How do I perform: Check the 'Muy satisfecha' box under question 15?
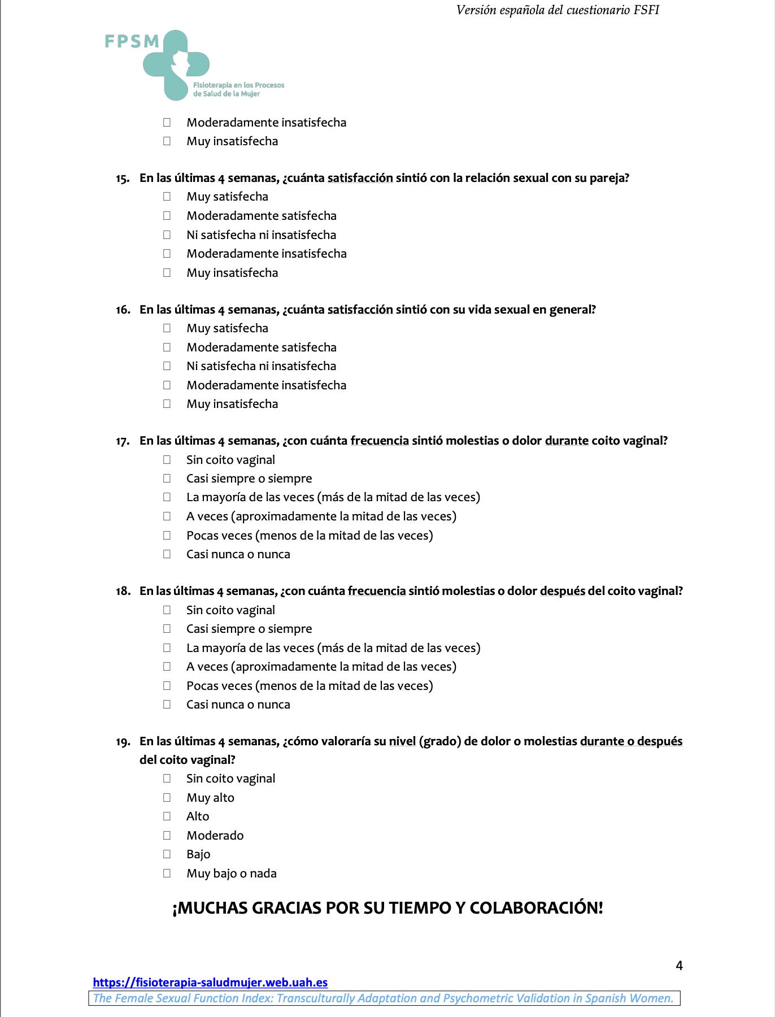[167, 197]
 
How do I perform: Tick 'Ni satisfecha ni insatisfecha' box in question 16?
[167, 366]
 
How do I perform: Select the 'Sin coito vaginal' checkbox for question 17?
[167, 460]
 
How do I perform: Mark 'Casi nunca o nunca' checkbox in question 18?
[167, 705]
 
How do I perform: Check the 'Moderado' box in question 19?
[167, 835]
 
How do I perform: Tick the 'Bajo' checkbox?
[167, 854]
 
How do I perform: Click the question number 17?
[123, 441]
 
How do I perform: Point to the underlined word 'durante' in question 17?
[567, 441]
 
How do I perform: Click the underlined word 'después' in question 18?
[562, 591]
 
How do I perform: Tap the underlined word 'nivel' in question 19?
[402, 741]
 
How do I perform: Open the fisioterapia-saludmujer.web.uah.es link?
[210, 983]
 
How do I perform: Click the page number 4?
[679, 966]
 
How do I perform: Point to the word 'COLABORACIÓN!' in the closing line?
[536, 908]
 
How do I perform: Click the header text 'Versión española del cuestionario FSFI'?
[558, 10]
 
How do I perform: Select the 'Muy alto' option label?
[210, 798]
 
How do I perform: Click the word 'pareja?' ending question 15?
[609, 178]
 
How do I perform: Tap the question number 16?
[123, 310]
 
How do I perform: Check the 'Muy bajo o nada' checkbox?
[167, 873]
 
